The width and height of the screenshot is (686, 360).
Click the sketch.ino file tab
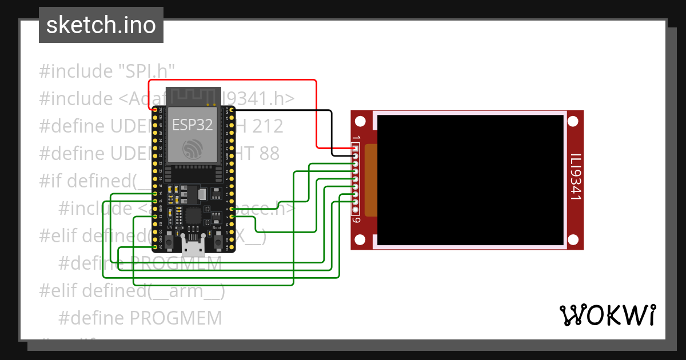[101, 25]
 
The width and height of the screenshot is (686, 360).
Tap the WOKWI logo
[607, 315]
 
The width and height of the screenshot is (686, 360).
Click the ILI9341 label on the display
[575, 177]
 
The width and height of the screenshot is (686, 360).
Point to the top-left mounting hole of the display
[360, 122]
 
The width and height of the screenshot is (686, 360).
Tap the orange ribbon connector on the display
[370, 180]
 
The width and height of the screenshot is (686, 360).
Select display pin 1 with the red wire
[356, 147]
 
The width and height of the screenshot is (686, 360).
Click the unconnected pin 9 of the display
[356, 210]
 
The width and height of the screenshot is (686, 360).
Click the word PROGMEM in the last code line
[176, 318]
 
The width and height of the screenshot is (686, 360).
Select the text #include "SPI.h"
[107, 71]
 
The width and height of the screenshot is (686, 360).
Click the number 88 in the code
[268, 153]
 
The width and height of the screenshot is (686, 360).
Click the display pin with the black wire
[356, 155]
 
